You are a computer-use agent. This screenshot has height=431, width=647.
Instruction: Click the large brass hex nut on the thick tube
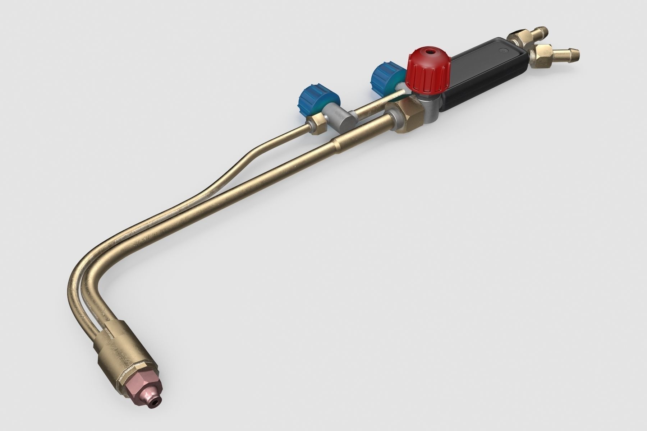tap(408, 117)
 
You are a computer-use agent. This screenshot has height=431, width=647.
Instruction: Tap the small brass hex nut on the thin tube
tap(318, 124)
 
